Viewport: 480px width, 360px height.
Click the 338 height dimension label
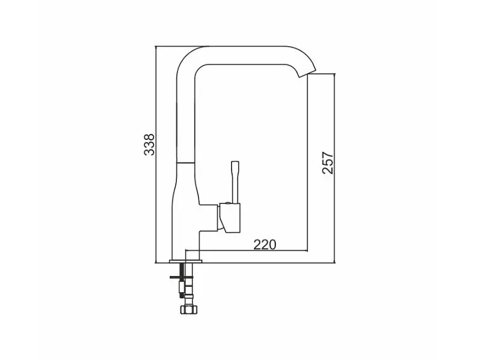149,145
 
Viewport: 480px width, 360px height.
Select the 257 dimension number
328,163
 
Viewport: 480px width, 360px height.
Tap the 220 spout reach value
265,244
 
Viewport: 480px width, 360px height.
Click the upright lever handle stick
235,182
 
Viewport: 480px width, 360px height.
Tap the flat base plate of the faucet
186,262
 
